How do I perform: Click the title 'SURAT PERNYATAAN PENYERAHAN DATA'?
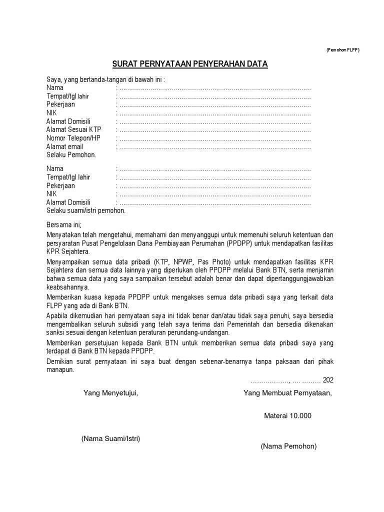click(189, 64)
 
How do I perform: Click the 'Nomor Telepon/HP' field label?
click(73, 138)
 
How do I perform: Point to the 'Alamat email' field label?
click(65, 147)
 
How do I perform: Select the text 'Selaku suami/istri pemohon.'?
click(86, 210)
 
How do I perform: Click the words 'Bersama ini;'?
click(63, 224)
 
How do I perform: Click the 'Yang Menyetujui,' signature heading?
click(110, 393)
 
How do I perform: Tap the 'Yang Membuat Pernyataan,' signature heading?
click(287, 393)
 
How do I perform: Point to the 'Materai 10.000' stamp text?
click(287, 415)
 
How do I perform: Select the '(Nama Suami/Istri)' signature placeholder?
click(110, 438)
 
